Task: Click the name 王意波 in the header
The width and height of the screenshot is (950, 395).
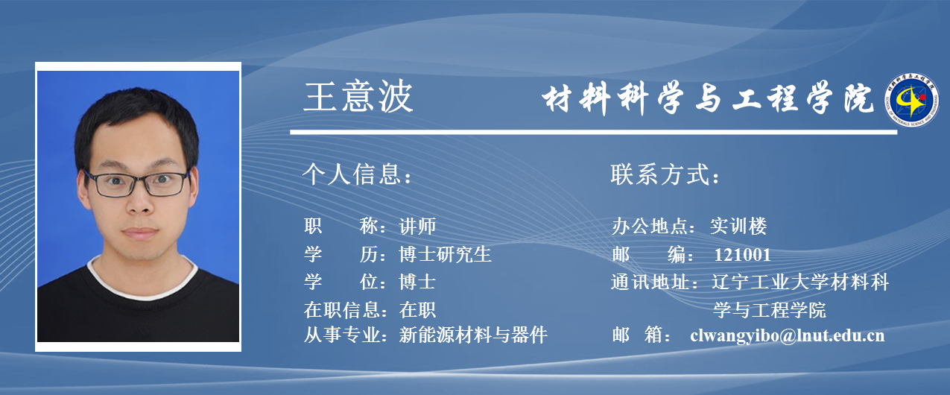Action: (x=358, y=97)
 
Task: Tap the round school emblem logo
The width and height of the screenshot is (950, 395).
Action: (x=911, y=100)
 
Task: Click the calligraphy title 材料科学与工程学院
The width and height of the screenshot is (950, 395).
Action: (x=707, y=98)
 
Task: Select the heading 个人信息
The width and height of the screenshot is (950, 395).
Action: (x=357, y=174)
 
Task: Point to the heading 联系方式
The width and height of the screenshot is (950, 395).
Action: (x=665, y=174)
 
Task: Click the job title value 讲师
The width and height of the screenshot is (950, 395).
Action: (x=417, y=226)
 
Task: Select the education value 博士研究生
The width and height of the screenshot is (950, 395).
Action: (x=446, y=254)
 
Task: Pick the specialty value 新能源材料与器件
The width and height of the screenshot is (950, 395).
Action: (x=473, y=335)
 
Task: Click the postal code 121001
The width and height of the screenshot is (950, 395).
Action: (x=743, y=255)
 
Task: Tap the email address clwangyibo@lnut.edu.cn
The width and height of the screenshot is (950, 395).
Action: (x=788, y=335)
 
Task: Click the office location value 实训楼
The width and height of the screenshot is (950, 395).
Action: (x=738, y=226)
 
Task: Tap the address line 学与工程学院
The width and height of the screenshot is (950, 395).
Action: (x=770, y=310)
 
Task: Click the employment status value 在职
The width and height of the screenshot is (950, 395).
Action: (x=417, y=310)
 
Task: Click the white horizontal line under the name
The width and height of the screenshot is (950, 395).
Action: (x=594, y=133)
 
